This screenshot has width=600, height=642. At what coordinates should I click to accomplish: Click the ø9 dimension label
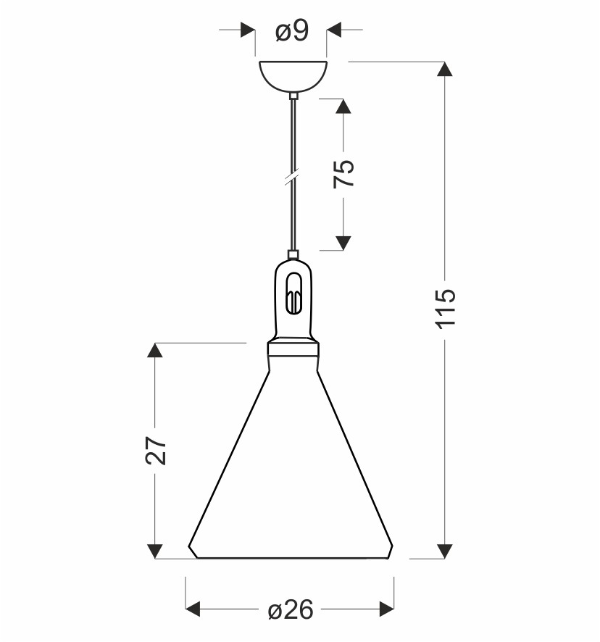point(291,31)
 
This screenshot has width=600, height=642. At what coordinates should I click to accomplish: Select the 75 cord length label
point(343,173)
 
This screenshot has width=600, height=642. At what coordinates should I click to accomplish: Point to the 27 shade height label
point(156,450)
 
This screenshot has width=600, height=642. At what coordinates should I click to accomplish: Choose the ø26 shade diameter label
point(291,610)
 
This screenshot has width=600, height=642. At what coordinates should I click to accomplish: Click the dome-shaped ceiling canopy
point(293,76)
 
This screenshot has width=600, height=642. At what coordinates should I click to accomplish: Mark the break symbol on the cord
point(291,178)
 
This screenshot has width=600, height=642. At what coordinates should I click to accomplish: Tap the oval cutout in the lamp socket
point(293,293)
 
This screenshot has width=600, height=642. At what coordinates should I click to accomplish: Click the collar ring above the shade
point(293,349)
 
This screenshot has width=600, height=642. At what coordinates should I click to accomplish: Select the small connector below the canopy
point(293,96)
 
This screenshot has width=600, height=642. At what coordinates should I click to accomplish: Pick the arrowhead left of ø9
point(249,30)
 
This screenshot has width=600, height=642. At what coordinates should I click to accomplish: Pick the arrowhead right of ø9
point(334,30)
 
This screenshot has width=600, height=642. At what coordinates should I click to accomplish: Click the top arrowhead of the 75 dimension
point(343,106)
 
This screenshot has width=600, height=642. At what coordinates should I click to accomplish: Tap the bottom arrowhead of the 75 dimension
point(343,243)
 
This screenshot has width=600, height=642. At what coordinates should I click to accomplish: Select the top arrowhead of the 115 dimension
point(445,69)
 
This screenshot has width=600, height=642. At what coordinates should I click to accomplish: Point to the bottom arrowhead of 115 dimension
point(445,551)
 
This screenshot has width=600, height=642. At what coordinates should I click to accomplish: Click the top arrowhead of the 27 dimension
point(155,350)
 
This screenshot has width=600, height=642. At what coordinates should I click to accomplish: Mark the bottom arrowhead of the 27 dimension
point(155,551)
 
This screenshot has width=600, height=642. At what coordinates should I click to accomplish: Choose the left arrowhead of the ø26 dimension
point(193,609)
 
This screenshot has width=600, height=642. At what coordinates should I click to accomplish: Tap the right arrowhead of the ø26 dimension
point(387,609)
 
